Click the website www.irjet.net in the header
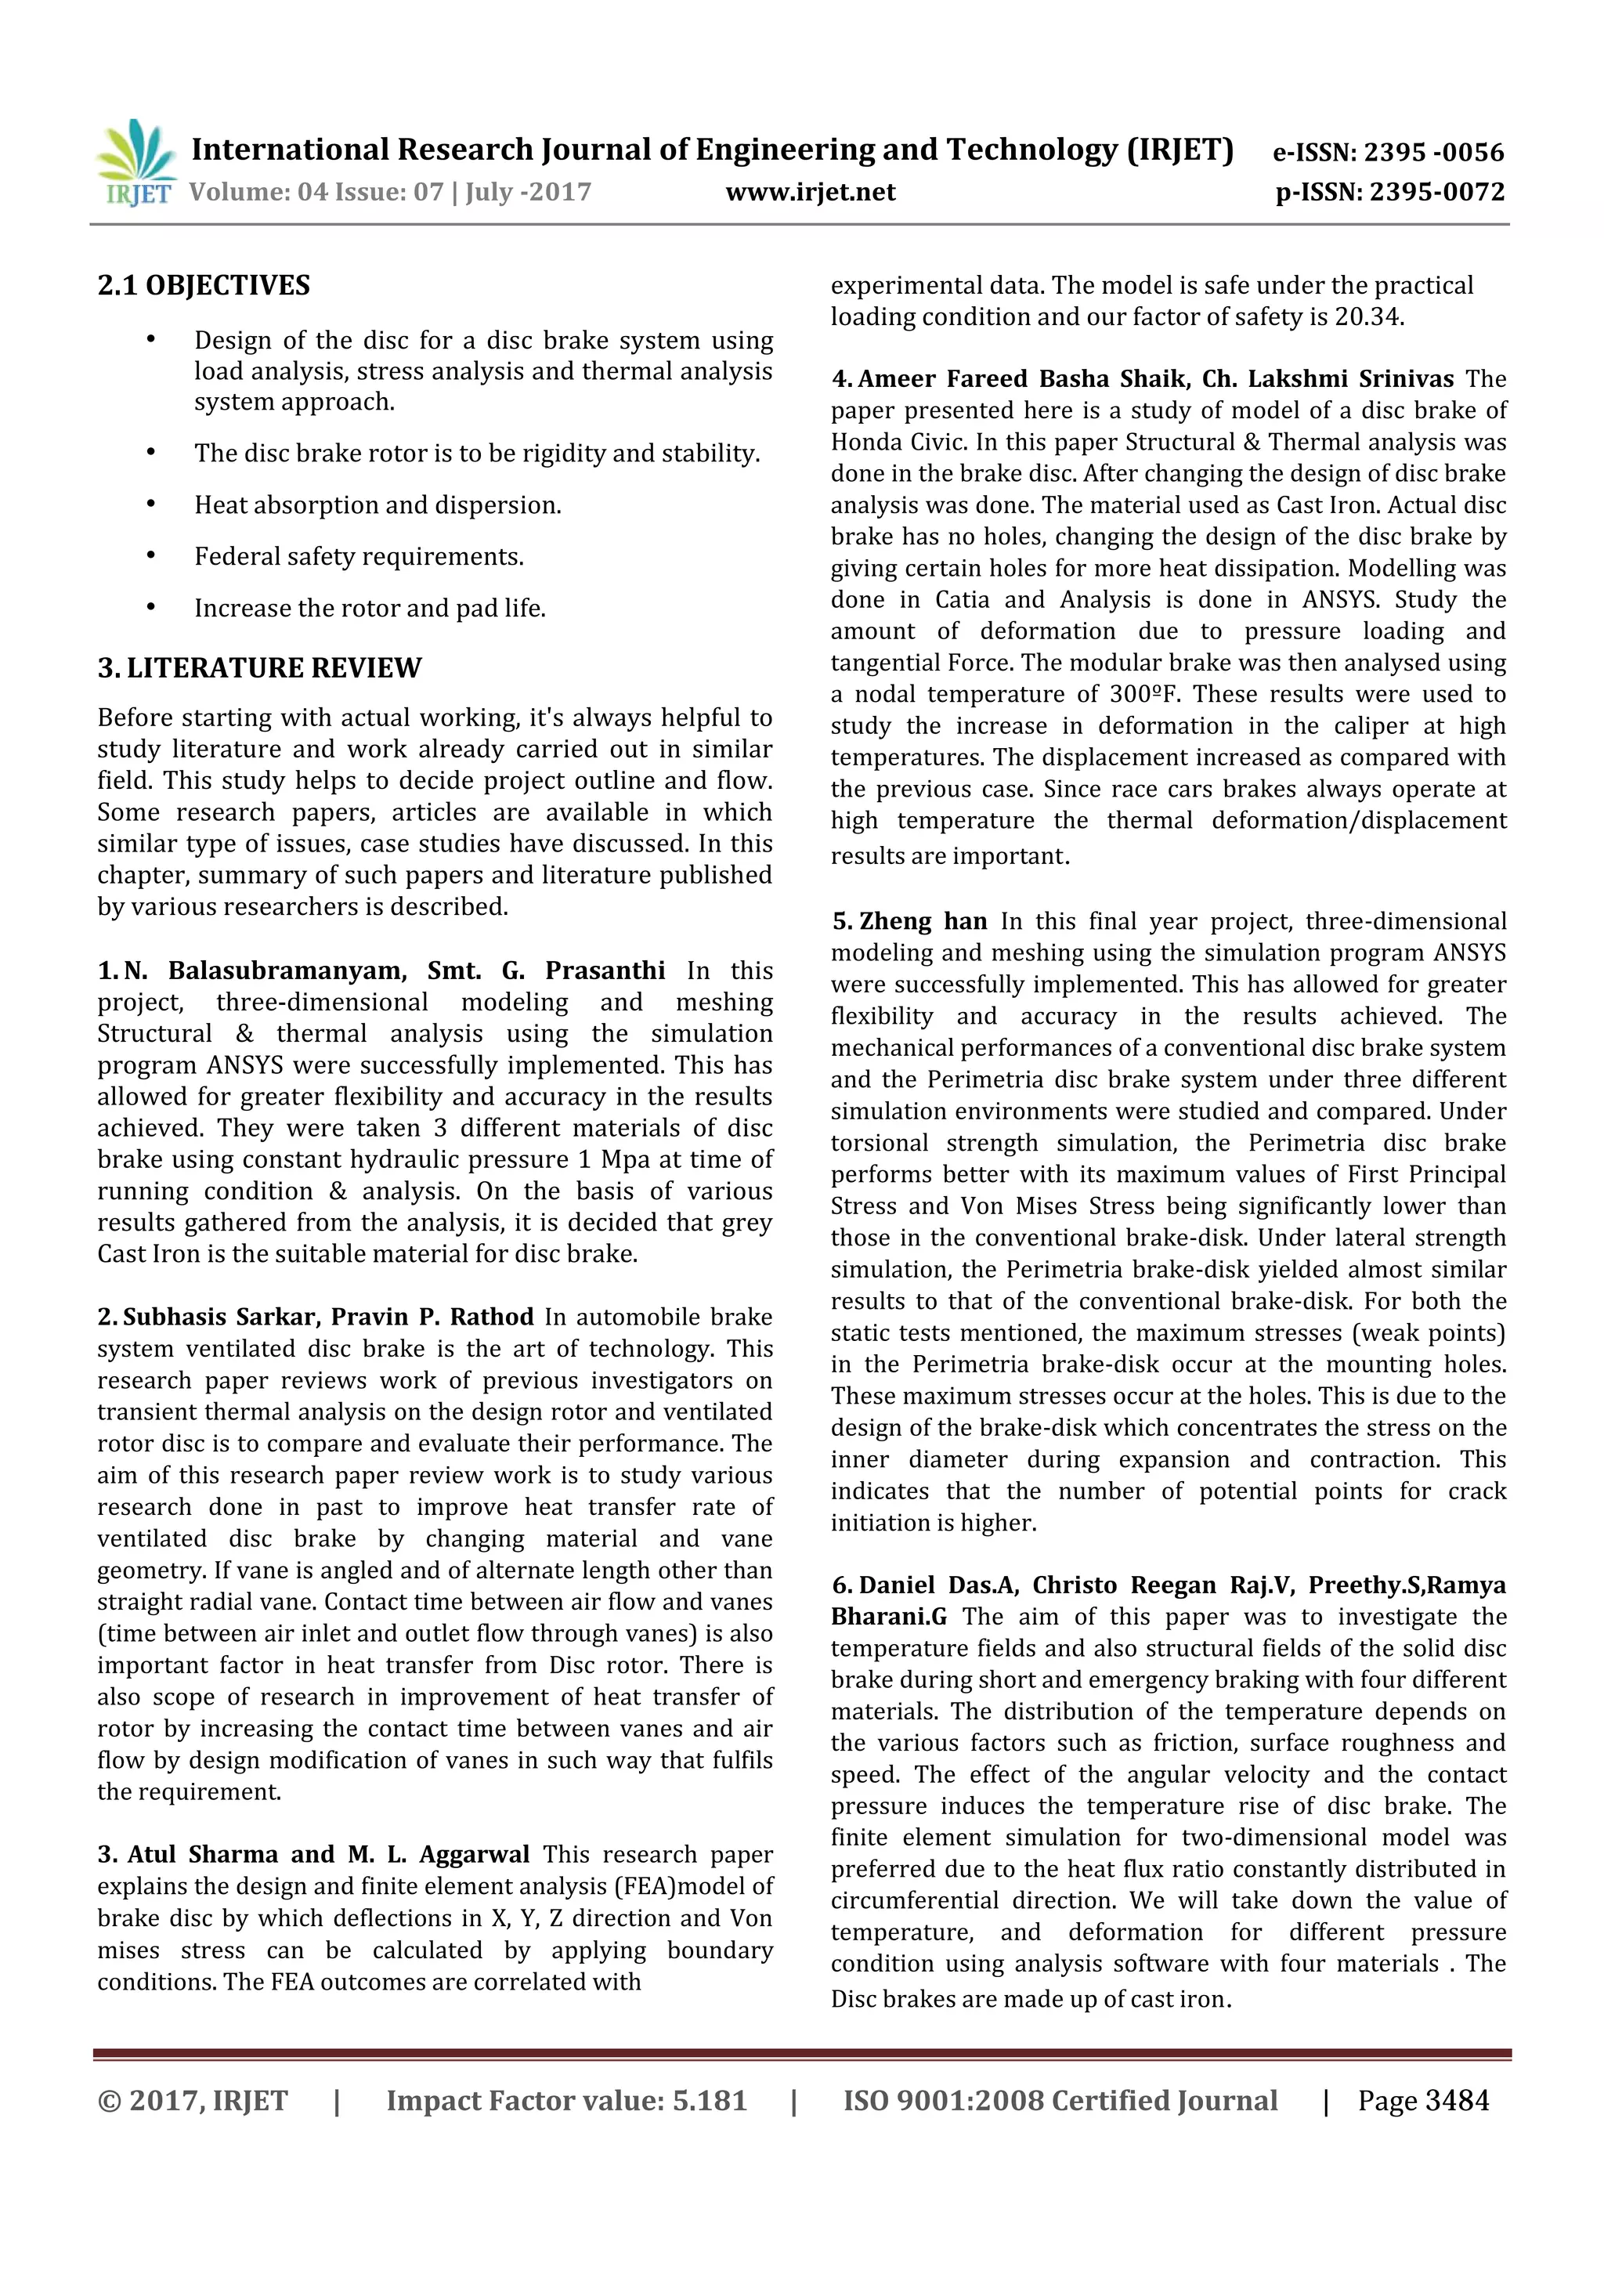(x=811, y=192)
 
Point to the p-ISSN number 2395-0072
(x=1437, y=192)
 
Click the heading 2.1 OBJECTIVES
(x=204, y=286)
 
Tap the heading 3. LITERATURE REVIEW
(x=259, y=668)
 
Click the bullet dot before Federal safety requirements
(x=151, y=555)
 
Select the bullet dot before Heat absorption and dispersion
(x=151, y=504)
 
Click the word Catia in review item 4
(x=962, y=600)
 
